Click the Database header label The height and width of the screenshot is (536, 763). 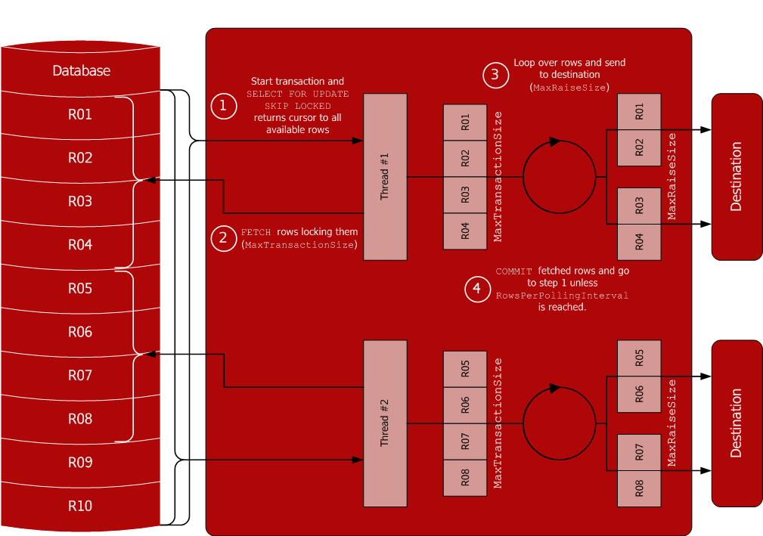click(81, 71)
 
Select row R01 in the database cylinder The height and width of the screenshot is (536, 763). click(80, 115)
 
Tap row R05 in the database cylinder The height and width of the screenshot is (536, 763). click(80, 288)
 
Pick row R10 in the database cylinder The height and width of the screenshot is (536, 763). click(80, 506)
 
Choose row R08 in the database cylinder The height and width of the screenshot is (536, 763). click(80, 418)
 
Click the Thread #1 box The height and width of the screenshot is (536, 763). click(385, 177)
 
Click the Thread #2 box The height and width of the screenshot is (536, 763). click(385, 423)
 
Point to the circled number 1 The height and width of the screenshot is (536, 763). click(222, 107)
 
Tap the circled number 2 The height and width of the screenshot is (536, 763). click(222, 238)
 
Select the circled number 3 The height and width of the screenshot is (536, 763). click(495, 75)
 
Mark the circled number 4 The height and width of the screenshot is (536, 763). click(476, 290)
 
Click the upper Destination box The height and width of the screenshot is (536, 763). click(737, 177)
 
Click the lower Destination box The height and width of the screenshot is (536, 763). click(737, 423)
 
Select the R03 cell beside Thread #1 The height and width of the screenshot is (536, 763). click(465, 194)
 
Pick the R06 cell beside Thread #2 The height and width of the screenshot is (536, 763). click(465, 405)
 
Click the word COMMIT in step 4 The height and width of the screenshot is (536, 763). click(514, 271)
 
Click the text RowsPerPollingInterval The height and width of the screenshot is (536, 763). click(562, 296)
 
